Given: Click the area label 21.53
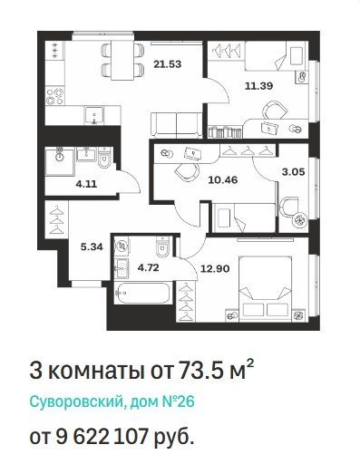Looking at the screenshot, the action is point(167,64).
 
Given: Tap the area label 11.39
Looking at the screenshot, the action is point(258,86).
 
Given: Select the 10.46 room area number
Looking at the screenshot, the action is point(223,180).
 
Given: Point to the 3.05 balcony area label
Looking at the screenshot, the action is point(293,172).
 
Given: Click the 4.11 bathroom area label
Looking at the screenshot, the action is point(86,184).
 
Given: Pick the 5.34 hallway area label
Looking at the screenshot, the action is point(92,247).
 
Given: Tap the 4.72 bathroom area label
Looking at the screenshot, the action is point(148,267).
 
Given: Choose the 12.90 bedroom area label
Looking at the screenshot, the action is point(215,268).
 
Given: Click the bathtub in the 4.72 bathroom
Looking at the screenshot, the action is point(142,294).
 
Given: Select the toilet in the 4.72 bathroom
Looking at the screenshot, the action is point(162,247).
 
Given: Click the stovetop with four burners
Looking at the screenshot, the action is point(55,96).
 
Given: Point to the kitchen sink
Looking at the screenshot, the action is point(94,115).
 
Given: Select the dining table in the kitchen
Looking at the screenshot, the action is point(122,60).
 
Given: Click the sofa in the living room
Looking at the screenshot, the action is point(177,125).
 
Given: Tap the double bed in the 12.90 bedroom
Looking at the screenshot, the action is point(266,289).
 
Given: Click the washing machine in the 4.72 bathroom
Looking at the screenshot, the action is point(122,246).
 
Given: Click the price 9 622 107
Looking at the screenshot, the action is point(102,436).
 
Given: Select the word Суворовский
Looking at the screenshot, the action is point(75,401).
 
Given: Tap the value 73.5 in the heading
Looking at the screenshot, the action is point(199,371).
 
